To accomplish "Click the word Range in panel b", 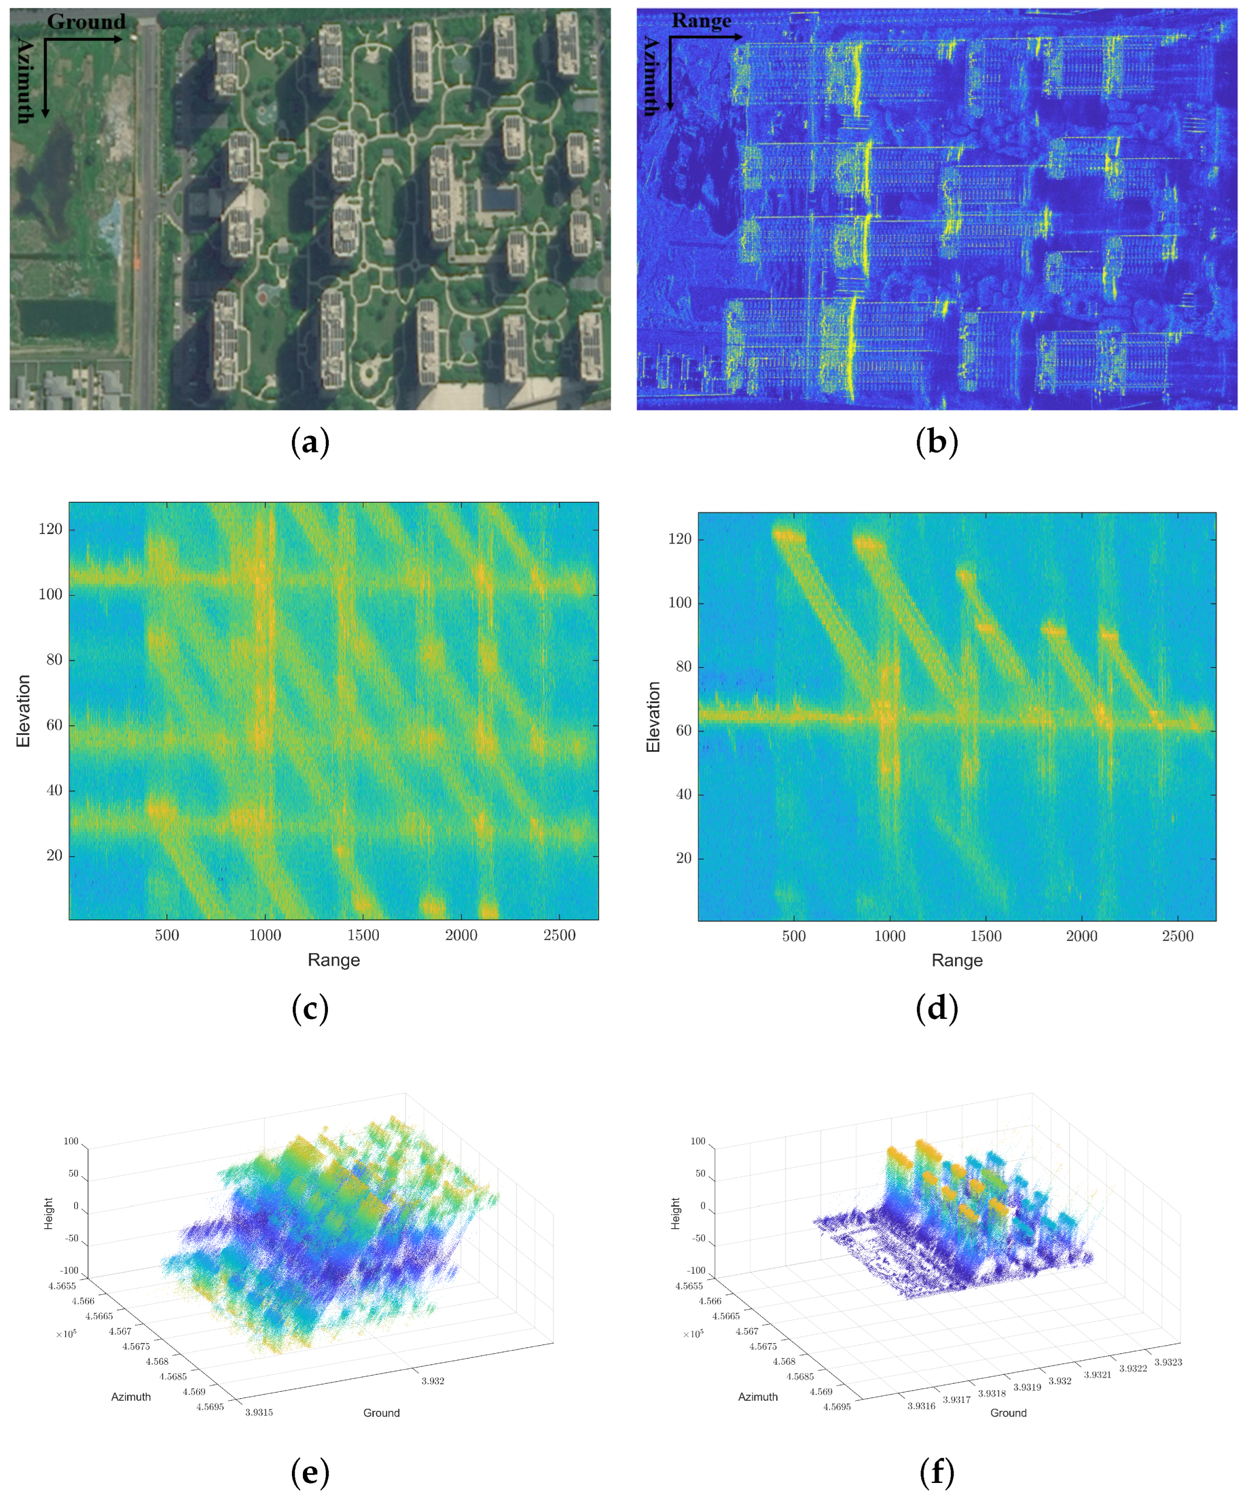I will coord(701,21).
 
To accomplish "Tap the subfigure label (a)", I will coord(309,442).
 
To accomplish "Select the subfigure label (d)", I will coord(936,1009).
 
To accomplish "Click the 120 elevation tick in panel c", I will coord(50,529).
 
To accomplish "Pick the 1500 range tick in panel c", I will coord(363,935).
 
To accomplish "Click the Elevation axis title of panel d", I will coord(653,717).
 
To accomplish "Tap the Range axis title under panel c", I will coord(333,960).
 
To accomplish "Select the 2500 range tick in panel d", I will coord(1177,936).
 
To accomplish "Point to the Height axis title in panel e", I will coord(49,1214).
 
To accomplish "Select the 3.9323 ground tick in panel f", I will coord(1167,1362).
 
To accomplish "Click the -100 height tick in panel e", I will coord(69,1270).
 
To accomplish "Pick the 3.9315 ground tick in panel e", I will coord(259,1412).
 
